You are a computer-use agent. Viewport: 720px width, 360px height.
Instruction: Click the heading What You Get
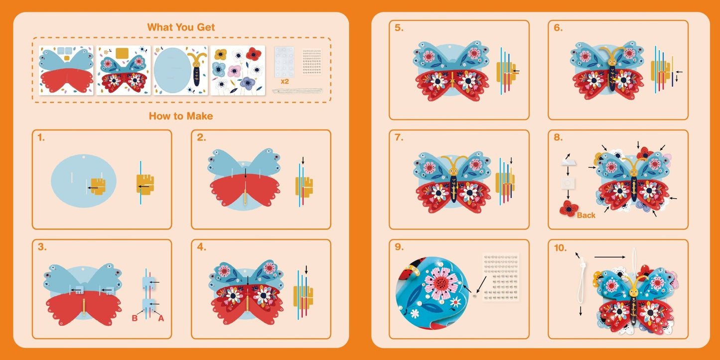[x=181, y=27]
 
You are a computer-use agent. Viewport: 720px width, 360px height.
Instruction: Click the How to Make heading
[x=181, y=116]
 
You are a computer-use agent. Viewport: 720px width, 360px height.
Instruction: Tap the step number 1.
[x=41, y=137]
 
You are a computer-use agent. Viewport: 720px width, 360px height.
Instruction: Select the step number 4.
[x=201, y=247]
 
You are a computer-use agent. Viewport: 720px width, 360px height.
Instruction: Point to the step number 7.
[x=399, y=137]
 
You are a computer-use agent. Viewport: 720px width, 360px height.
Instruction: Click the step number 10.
[x=560, y=248]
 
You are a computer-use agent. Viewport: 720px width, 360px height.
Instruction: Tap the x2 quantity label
[x=285, y=82]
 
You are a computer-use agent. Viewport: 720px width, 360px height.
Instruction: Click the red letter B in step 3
[x=135, y=318]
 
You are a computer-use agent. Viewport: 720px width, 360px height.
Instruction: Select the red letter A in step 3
[x=161, y=318]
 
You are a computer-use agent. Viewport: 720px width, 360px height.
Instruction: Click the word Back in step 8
[x=586, y=215]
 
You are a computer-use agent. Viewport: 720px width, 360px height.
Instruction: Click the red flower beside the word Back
[x=569, y=209]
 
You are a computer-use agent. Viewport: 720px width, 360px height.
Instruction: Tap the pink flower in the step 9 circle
[x=441, y=283]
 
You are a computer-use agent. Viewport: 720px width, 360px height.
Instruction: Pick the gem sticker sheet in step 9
[x=501, y=277]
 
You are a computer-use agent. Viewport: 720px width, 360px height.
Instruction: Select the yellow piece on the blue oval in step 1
[x=98, y=186]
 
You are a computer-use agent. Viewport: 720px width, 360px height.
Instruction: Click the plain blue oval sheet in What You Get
[x=181, y=70]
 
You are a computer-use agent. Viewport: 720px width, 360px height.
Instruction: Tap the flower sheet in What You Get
[x=238, y=70]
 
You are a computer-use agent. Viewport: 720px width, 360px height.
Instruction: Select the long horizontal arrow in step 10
[x=610, y=257]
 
